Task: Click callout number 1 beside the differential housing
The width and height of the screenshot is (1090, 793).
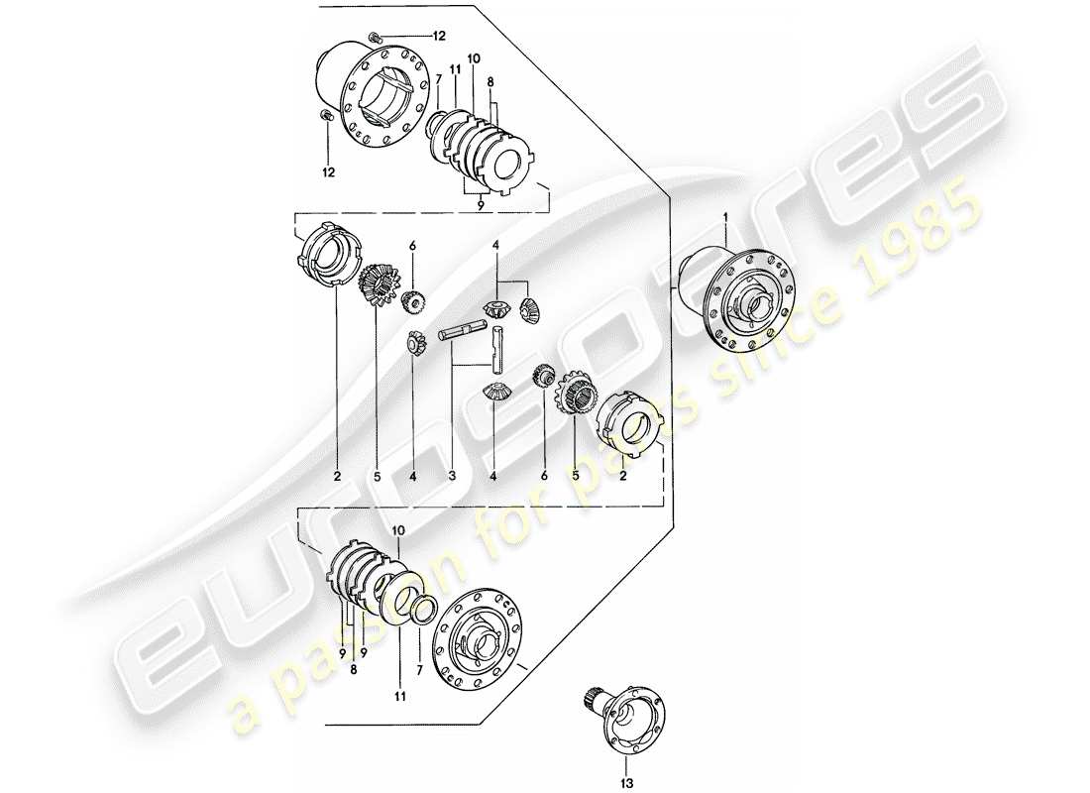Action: tap(725, 216)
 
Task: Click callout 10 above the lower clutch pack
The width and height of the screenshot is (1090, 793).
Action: tap(399, 530)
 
